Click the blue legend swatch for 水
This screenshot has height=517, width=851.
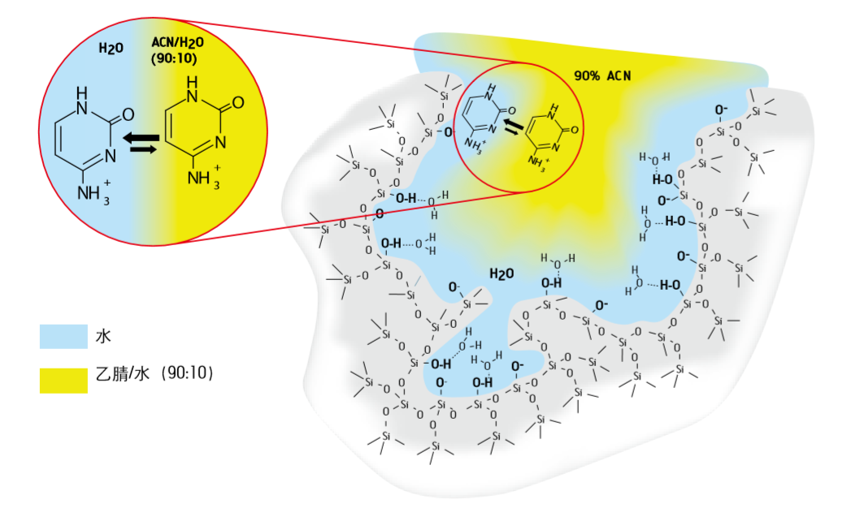(63, 336)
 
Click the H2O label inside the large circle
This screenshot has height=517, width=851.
(111, 49)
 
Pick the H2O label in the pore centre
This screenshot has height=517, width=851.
(501, 274)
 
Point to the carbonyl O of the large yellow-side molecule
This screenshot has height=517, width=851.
(239, 104)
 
